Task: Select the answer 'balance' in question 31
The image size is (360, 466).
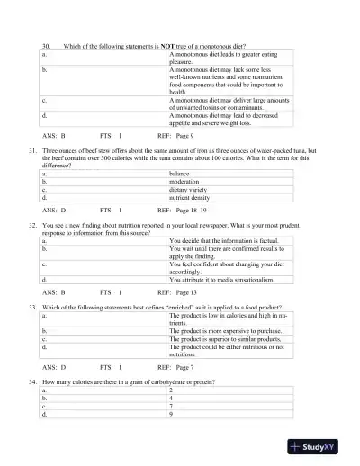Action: click(x=180, y=173)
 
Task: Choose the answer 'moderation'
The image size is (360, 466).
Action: click(x=185, y=181)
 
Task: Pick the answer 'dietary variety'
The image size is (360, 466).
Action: click(x=189, y=189)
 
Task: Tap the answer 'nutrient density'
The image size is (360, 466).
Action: click(x=191, y=197)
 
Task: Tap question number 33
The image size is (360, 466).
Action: click(x=33, y=308)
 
